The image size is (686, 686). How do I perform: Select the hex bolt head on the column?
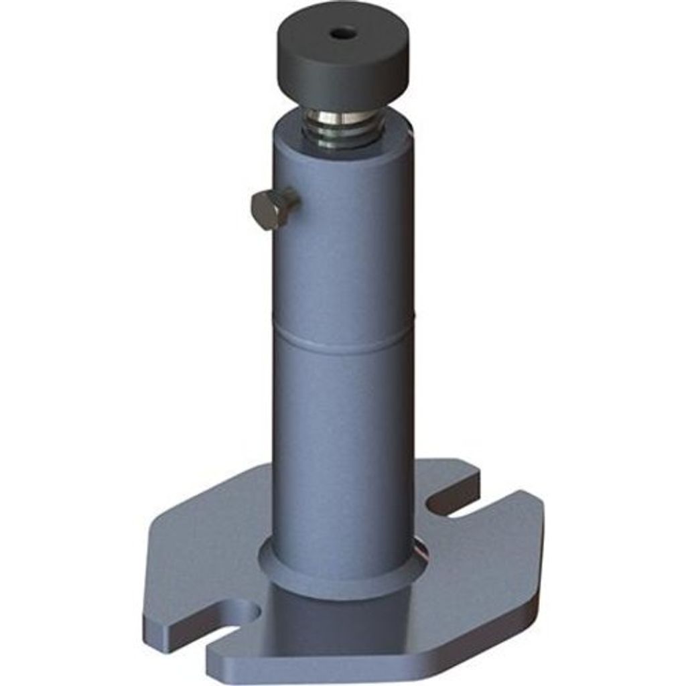click(x=273, y=208)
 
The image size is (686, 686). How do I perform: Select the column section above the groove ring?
click(x=343, y=255)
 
